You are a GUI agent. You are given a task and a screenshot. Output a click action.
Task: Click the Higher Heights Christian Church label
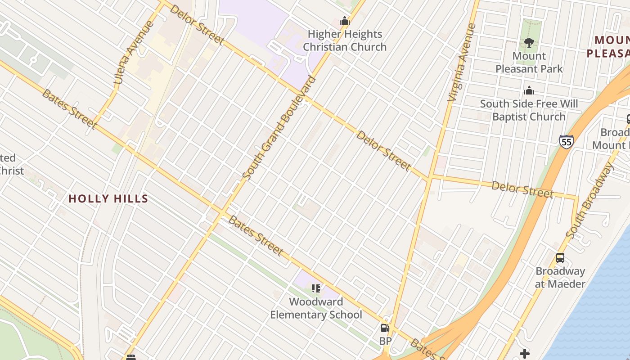tap(344, 40)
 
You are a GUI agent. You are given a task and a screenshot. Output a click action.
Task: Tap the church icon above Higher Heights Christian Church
tap(345, 21)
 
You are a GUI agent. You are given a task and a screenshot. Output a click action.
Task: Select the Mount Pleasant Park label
tap(529, 63)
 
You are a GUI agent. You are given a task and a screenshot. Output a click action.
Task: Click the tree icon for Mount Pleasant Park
tap(529, 43)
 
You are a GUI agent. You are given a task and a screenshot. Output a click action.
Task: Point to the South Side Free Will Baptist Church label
tap(529, 110)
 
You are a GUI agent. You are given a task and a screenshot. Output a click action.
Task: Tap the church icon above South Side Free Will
tap(529, 91)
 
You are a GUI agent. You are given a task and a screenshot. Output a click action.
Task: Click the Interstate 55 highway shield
tap(567, 142)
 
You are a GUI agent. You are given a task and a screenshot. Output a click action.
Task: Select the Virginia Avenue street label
tap(462, 62)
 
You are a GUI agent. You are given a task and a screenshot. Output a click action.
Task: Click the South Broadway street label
tap(590, 201)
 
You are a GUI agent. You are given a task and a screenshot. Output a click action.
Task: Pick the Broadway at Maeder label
tap(560, 278)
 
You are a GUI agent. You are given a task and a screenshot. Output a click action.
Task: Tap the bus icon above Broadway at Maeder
tap(560, 258)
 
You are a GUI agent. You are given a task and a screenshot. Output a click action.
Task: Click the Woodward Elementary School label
tap(316, 308)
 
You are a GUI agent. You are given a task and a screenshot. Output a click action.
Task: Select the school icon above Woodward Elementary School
tap(316, 288)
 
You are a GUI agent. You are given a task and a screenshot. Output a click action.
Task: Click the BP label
tap(385, 341)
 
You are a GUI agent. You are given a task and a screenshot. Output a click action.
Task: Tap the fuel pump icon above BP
tap(385, 328)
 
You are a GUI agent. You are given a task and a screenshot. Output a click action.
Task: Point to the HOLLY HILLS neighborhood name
tap(108, 199)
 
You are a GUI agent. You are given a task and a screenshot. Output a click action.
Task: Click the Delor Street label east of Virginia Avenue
tap(522, 189)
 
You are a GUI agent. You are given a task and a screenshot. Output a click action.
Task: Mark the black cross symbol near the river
tap(524, 353)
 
